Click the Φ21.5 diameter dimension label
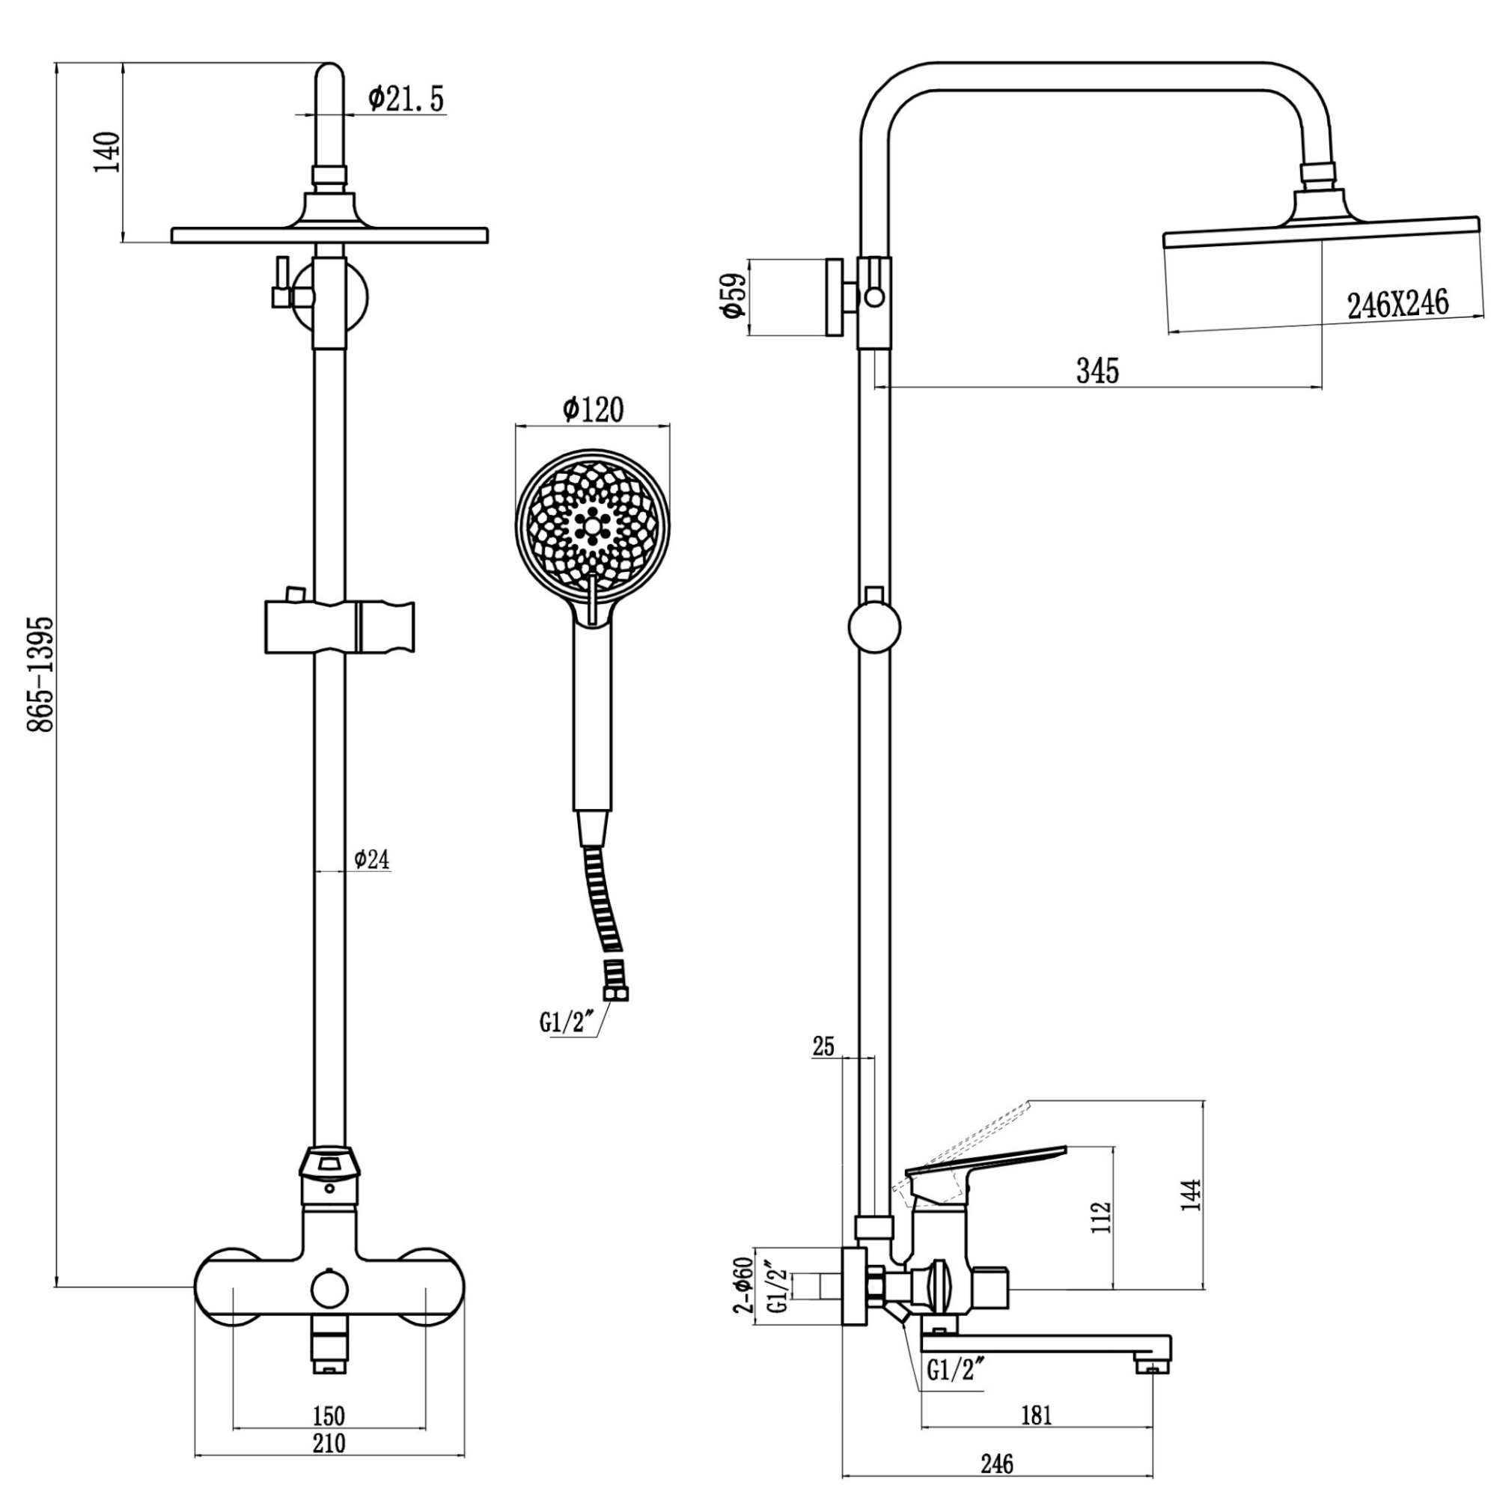tap(406, 100)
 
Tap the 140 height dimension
tap(108, 153)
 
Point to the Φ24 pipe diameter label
tap(372, 859)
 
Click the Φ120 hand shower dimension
tap(593, 410)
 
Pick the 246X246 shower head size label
tap(1397, 304)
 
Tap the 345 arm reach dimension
tap(1097, 371)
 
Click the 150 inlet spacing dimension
tap(329, 1416)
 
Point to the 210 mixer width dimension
tap(329, 1443)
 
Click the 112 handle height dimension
tap(1103, 1217)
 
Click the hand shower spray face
tap(592, 525)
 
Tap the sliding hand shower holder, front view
tap(339, 626)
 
